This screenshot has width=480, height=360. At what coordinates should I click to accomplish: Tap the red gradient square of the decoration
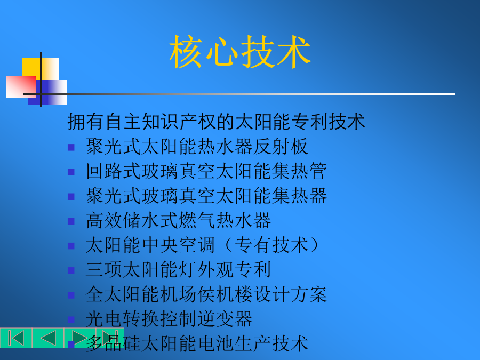[x=21, y=87]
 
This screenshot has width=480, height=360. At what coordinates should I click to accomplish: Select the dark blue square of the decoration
[x=47, y=92]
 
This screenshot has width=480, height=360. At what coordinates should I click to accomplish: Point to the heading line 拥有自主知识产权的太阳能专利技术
[x=216, y=122]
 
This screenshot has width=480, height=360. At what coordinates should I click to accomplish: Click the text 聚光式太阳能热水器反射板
[x=197, y=146]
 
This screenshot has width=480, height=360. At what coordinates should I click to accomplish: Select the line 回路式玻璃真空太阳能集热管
[x=206, y=171]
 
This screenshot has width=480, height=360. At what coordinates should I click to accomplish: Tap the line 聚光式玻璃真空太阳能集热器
[x=206, y=196]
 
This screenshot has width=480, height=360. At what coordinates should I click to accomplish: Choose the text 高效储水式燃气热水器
[x=179, y=220]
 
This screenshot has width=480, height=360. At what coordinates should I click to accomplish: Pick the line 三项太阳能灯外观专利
[x=179, y=270]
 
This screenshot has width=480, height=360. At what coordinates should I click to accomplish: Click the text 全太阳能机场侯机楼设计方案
[x=206, y=294]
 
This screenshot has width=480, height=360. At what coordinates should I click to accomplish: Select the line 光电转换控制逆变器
[x=169, y=319]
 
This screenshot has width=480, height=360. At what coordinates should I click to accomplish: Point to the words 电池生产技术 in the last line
[x=253, y=343]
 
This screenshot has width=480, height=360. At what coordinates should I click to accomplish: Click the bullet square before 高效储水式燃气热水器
[x=71, y=221]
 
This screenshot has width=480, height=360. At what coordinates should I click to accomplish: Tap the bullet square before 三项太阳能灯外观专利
[x=71, y=270]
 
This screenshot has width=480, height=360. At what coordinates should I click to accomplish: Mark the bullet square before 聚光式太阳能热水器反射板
[x=71, y=148]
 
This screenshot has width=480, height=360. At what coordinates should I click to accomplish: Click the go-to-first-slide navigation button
[x=16, y=338]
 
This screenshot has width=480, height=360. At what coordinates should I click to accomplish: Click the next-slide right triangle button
[x=79, y=338]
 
